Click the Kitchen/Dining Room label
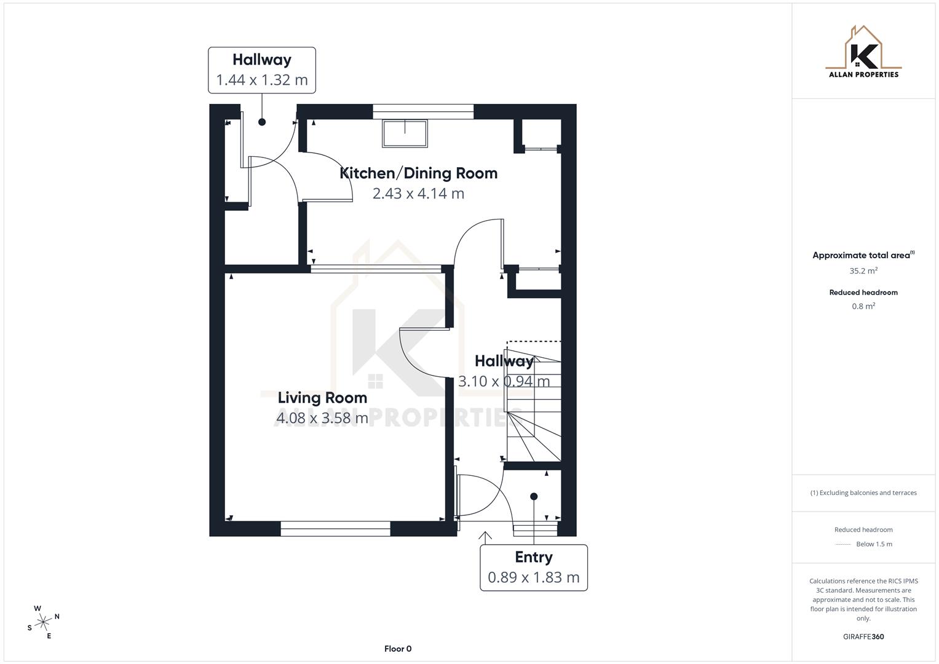[418, 173]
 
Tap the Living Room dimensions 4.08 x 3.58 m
[322, 418]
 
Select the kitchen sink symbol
[405, 133]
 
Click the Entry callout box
[533, 567]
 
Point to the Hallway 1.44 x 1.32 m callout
[262, 70]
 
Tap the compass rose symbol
[43, 622]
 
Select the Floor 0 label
[398, 649]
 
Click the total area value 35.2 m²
[863, 271]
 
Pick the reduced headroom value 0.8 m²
[863, 306]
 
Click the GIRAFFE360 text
[863, 636]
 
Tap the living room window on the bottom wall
[335, 528]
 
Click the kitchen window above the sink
[423, 111]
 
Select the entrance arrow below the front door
[485, 536]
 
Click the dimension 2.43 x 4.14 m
[418, 194]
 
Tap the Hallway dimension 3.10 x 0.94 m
[504, 381]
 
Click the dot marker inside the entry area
[534, 496]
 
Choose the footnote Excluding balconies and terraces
[863, 492]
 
